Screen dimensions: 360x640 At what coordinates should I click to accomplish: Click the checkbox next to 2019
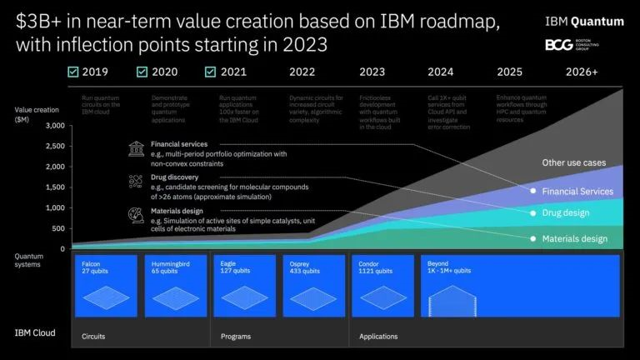(x=73, y=72)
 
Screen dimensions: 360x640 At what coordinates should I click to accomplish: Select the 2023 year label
(x=372, y=72)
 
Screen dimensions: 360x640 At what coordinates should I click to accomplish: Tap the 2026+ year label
(x=582, y=72)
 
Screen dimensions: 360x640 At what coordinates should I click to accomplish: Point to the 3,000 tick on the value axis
(x=53, y=126)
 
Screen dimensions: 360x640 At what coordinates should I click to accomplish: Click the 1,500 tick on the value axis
(x=53, y=187)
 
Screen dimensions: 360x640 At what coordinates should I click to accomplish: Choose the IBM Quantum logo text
(x=583, y=21)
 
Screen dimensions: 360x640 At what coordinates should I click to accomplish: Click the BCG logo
(x=558, y=44)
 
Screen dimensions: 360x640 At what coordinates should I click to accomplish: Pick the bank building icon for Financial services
(x=135, y=148)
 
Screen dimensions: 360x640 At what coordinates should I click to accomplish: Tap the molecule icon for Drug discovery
(x=135, y=181)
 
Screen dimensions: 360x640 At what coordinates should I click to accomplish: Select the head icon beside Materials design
(x=135, y=214)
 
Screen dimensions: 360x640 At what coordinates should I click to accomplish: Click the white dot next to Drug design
(x=533, y=213)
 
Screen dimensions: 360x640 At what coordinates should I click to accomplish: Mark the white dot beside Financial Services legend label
(x=533, y=191)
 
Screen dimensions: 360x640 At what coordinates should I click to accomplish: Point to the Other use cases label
(x=574, y=162)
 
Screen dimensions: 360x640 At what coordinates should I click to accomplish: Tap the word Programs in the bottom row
(x=236, y=337)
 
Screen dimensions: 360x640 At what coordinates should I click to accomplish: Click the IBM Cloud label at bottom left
(x=35, y=332)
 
